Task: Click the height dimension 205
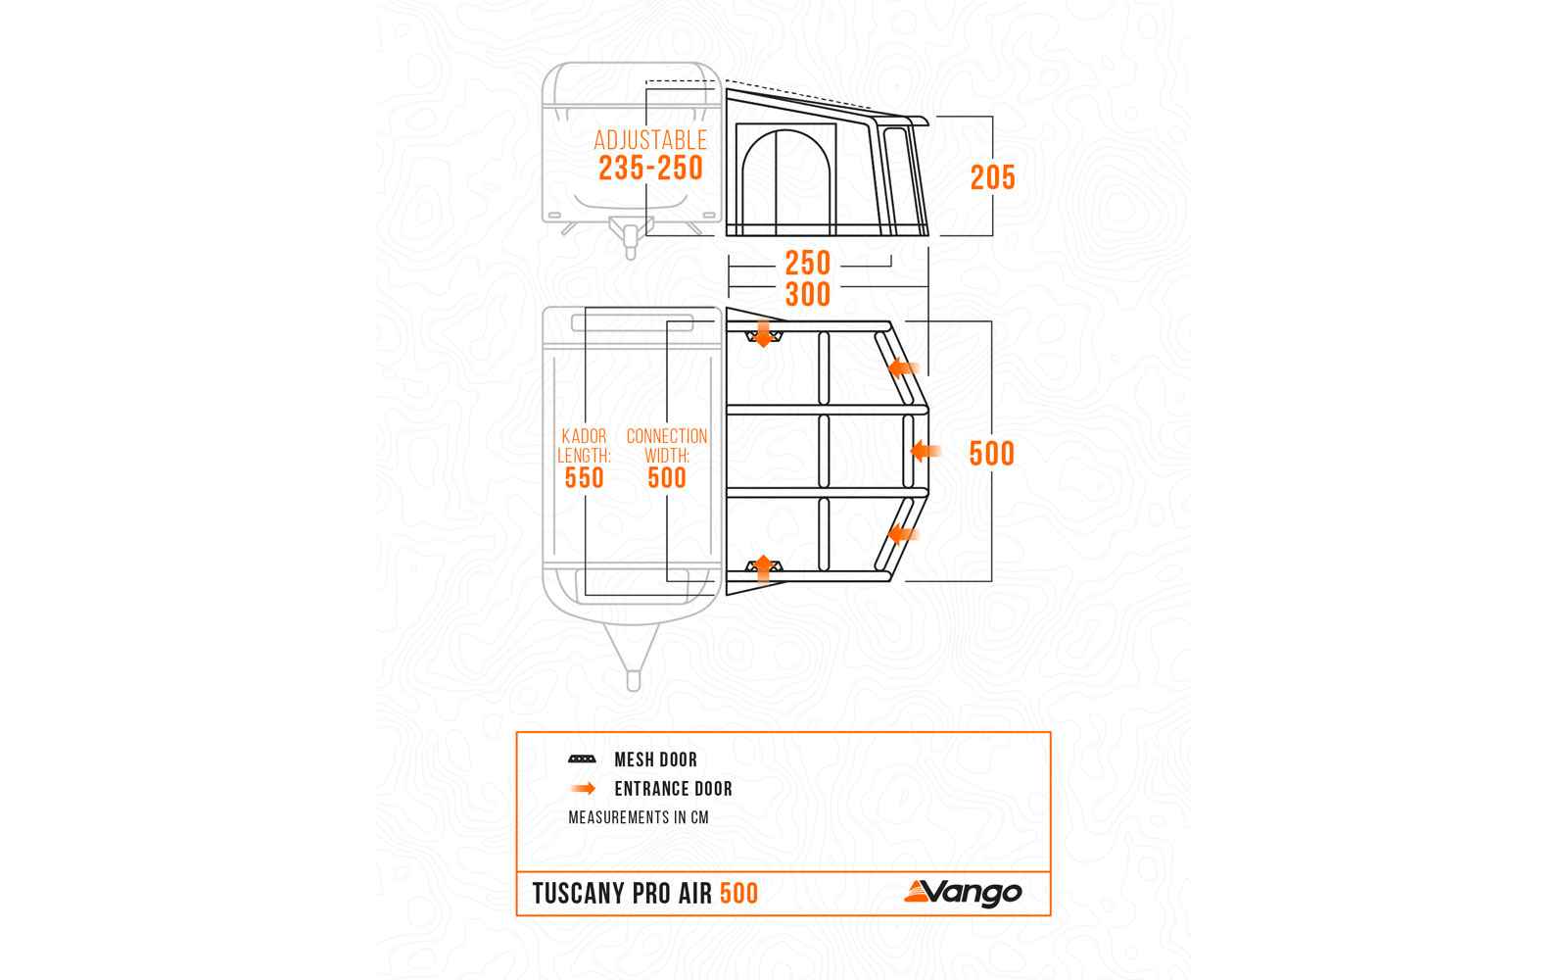click(x=992, y=177)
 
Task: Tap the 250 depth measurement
click(x=808, y=263)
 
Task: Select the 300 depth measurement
click(x=808, y=294)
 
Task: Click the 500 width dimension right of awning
click(x=991, y=454)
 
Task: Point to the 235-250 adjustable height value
click(x=650, y=169)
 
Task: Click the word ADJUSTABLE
click(x=650, y=140)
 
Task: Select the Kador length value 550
click(x=584, y=478)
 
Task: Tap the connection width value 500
click(x=666, y=478)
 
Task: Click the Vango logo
click(x=963, y=892)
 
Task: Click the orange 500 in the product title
click(x=738, y=894)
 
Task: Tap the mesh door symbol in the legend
click(x=582, y=759)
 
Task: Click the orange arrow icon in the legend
click(x=584, y=788)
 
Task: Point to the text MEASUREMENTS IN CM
click(x=638, y=817)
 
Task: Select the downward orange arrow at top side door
click(x=763, y=333)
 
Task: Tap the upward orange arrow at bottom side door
click(x=763, y=567)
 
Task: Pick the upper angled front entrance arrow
click(x=902, y=368)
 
